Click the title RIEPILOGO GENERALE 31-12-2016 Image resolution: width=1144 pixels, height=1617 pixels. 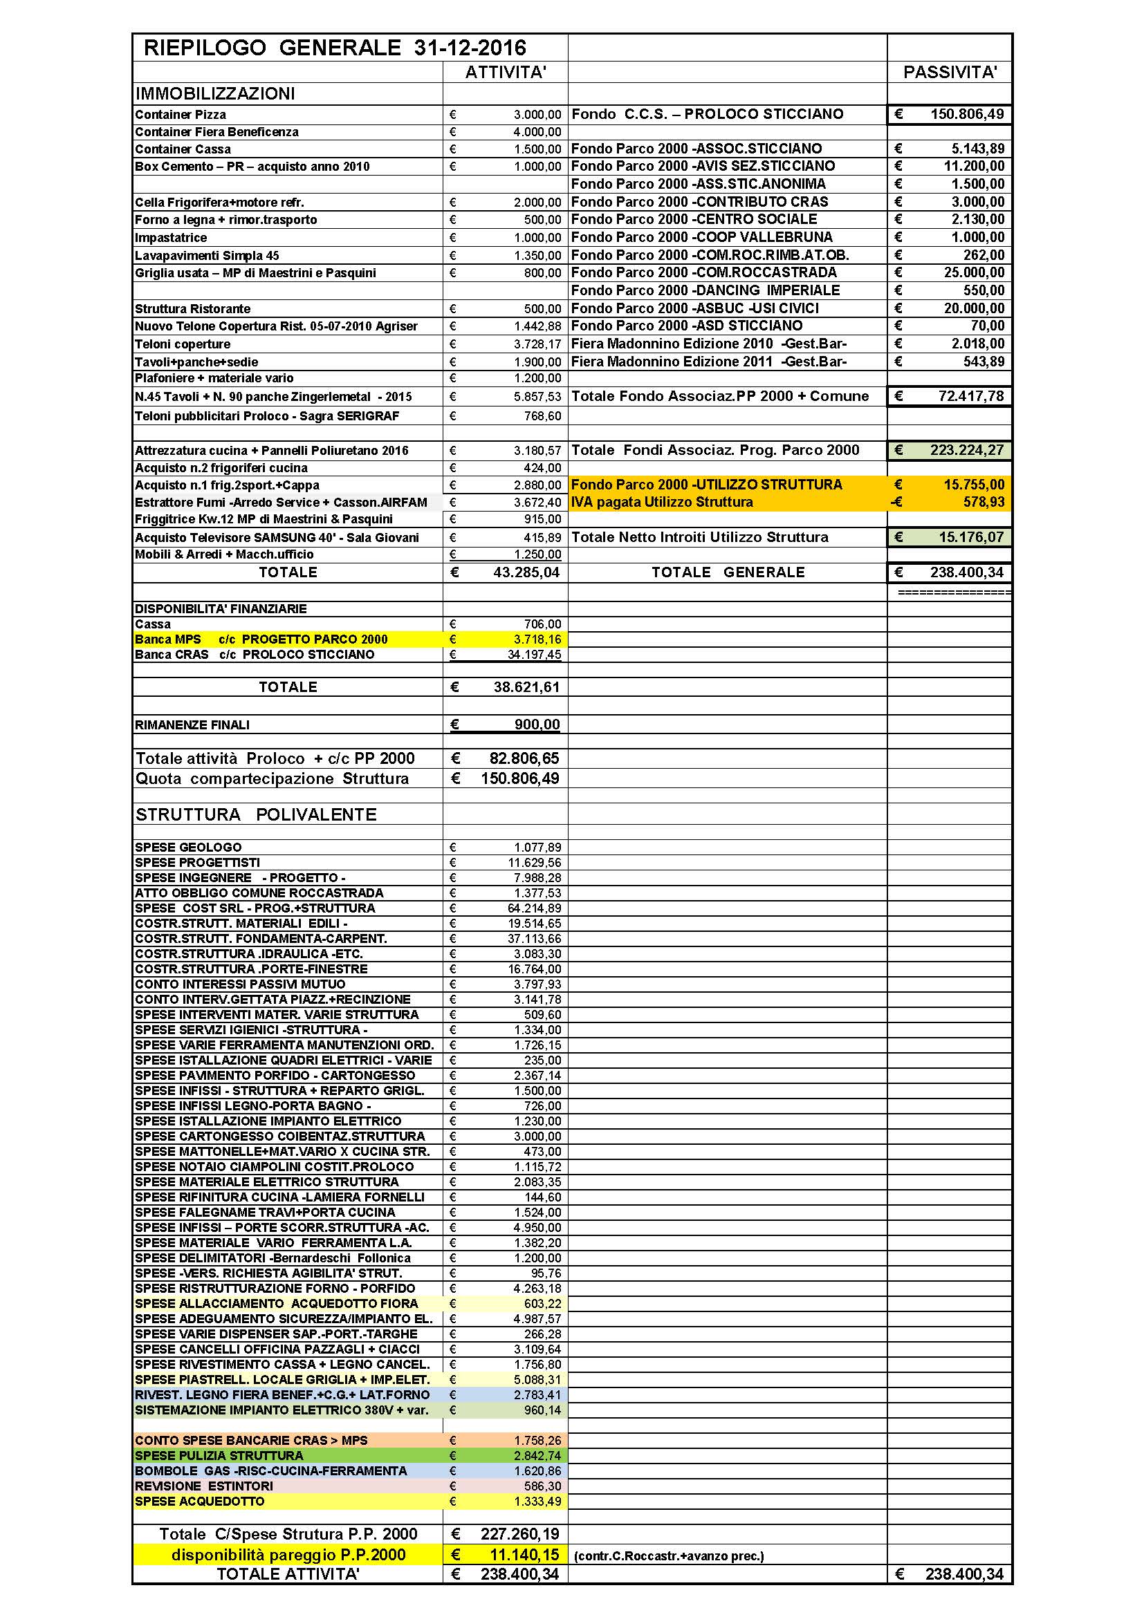[x=335, y=47]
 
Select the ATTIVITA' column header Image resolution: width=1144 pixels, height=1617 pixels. [x=505, y=72]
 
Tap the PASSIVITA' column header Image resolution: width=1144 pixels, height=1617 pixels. [x=949, y=72]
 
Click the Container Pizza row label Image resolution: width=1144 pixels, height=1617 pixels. [x=181, y=115]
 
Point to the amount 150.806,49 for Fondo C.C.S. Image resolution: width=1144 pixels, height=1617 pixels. [x=966, y=114]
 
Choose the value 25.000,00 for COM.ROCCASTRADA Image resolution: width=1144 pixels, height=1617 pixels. [x=974, y=272]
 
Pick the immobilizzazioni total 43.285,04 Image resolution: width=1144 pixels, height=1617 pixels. [x=526, y=572]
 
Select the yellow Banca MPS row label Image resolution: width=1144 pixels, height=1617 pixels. [x=261, y=639]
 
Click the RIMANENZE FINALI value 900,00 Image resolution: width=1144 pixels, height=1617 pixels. [x=537, y=725]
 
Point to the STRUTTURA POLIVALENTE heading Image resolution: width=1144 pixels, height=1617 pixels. [x=256, y=814]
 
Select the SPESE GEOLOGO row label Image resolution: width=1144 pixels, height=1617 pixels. [x=188, y=848]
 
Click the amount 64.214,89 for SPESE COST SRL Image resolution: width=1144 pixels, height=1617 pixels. [x=535, y=908]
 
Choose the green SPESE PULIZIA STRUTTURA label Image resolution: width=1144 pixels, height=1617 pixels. [x=219, y=1456]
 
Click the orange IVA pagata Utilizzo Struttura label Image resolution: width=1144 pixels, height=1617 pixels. [x=661, y=502]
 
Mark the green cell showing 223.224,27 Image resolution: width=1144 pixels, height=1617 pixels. [x=966, y=450]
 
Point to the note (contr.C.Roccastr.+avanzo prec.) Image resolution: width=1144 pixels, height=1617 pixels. [x=669, y=1556]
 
